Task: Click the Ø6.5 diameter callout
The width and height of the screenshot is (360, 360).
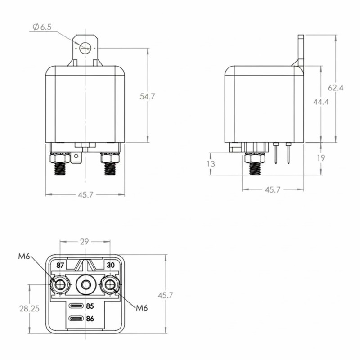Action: pyautogui.click(x=42, y=27)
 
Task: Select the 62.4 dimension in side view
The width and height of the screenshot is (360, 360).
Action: pyautogui.click(x=336, y=88)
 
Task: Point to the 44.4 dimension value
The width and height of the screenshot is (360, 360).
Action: pyautogui.click(x=321, y=102)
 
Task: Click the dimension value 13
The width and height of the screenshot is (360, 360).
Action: pyautogui.click(x=211, y=164)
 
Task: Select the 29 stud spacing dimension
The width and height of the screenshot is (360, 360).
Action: pyautogui.click(x=84, y=242)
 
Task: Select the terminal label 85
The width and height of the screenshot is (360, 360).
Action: pyautogui.click(x=90, y=306)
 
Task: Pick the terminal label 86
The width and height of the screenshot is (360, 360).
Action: pyautogui.click(x=90, y=319)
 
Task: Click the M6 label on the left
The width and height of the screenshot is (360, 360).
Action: pyautogui.click(x=25, y=257)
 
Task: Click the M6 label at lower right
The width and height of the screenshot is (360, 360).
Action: pyautogui.click(x=142, y=307)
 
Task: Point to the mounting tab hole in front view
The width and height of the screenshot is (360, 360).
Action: pyautogui.click(x=85, y=47)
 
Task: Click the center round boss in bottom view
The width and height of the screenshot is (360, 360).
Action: pyautogui.click(x=84, y=284)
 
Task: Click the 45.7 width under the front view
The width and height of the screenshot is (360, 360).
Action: pyautogui.click(x=85, y=194)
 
